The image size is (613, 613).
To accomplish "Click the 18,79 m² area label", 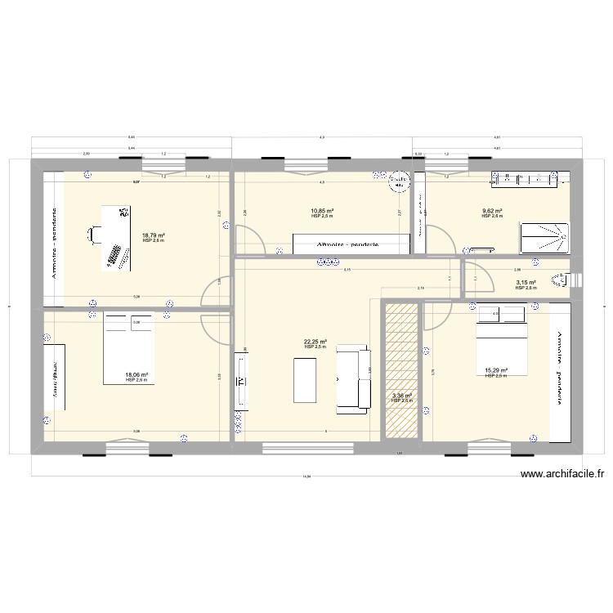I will pyautogui.click(x=153, y=235).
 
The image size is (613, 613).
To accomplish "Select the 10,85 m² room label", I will pyautogui.click(x=321, y=211).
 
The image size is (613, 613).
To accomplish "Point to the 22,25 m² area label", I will pyautogui.click(x=315, y=342).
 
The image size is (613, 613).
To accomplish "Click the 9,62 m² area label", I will pyautogui.click(x=491, y=211).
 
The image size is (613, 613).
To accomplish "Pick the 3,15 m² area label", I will pyautogui.click(x=525, y=283).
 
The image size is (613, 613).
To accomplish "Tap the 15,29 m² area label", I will pyautogui.click(x=496, y=370).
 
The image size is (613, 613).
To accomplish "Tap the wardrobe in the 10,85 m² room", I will pyautogui.click(x=351, y=244).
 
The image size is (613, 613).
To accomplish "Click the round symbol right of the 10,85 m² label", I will pyautogui.click(x=398, y=181).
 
